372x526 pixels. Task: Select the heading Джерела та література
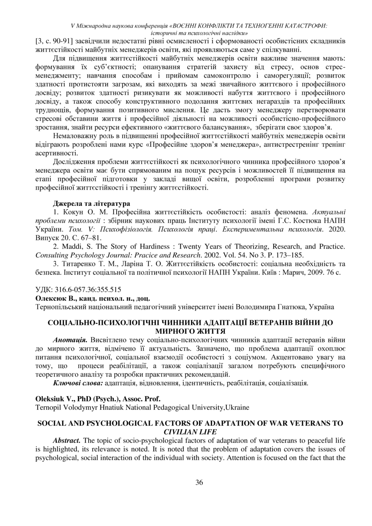[x=91, y=204]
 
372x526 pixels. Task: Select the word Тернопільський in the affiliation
[x=59, y=306]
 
